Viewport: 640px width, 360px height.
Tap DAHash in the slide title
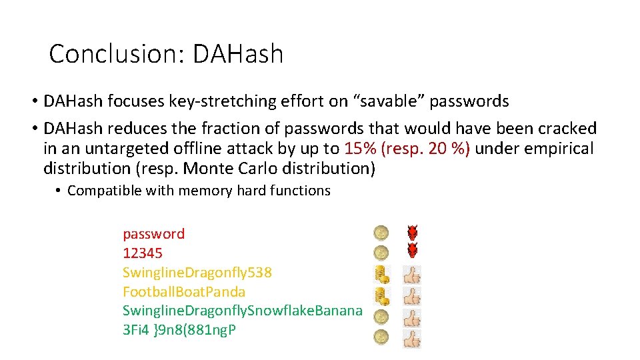tap(238, 54)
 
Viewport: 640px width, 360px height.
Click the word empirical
tap(551, 148)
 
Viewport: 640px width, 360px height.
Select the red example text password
tap(153, 234)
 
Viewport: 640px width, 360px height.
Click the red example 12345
tap(143, 253)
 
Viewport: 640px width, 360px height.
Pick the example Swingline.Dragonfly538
tap(197, 273)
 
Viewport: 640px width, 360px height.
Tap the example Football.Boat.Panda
tap(184, 292)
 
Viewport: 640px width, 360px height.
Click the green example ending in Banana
tap(243, 311)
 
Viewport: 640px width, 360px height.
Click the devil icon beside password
tap(413, 233)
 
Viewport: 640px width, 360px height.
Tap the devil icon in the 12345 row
tap(413, 251)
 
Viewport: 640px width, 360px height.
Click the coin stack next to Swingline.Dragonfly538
tap(381, 274)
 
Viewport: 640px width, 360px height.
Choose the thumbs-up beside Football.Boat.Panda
tap(413, 295)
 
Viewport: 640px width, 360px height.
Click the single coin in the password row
tap(381, 233)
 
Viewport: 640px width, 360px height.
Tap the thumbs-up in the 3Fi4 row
tap(413, 338)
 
